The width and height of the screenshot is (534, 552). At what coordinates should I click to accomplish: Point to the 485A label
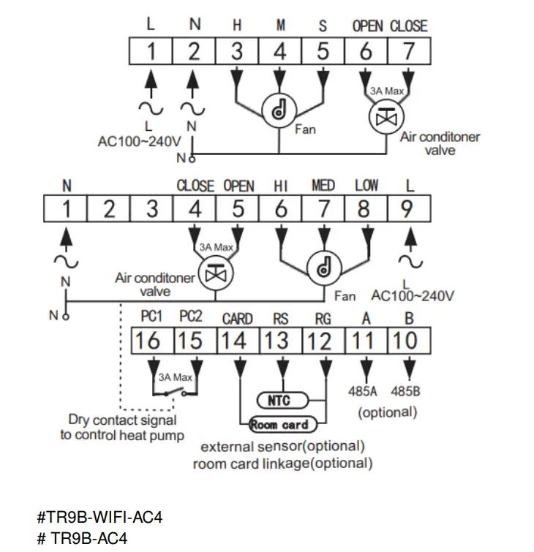point(364,391)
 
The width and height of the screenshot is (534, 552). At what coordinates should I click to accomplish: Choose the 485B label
point(407,391)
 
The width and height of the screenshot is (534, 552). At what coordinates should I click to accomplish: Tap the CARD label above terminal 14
point(237,318)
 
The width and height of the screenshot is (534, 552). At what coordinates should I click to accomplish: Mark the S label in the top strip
point(322,26)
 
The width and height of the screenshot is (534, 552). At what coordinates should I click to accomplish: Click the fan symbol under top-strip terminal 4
point(279,110)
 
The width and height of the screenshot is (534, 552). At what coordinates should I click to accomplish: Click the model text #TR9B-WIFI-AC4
point(99,518)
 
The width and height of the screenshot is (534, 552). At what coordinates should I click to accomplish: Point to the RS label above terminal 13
point(280,318)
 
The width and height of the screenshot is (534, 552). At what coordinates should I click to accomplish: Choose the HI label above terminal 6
point(281,186)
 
